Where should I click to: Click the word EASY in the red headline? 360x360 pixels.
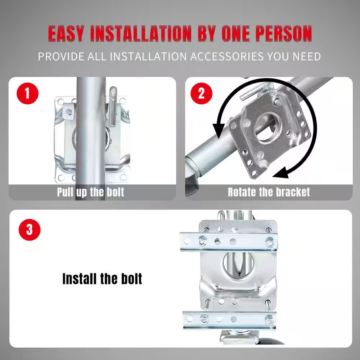coord(66,34)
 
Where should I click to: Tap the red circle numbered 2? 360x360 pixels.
coord(201,94)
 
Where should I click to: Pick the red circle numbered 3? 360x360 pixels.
coord(29,229)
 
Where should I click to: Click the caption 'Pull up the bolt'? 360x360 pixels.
coord(90,192)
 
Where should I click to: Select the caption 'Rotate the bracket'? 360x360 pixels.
coord(269,192)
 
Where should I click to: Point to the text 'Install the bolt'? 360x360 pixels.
coord(102,279)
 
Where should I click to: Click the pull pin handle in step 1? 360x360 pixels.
coord(113,106)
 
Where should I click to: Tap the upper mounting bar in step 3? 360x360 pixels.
coord(228,241)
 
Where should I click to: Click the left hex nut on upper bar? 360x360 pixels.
coord(203,241)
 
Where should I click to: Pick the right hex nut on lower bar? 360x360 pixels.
coord(268,319)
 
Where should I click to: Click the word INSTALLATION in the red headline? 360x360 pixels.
coord(141,34)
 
